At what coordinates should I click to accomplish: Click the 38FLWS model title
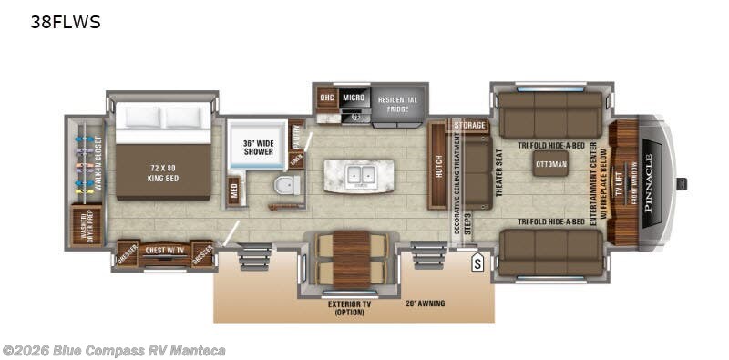pos(66,23)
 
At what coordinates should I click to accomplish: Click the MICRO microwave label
pos(354,97)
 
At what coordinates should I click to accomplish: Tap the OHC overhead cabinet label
pos(326,97)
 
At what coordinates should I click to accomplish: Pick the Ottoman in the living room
pos(551,165)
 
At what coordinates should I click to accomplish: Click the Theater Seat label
pos(498,171)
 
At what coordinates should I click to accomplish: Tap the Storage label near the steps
pos(469,125)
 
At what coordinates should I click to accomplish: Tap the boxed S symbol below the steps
pos(476,265)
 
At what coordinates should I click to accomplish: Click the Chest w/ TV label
pos(164,249)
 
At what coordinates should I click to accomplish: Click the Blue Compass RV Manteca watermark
pos(114,350)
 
